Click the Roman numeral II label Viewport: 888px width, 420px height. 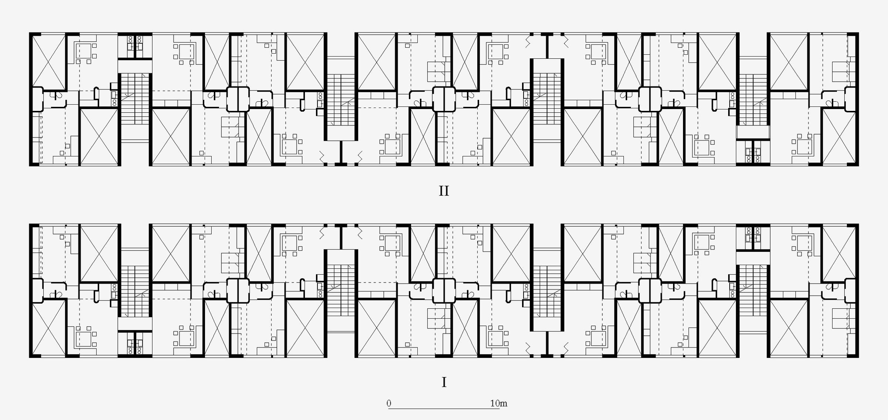[444, 191]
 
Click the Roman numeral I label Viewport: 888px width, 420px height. [444, 382]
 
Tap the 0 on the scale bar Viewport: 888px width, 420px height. [389, 403]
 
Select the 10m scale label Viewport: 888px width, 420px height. [499, 403]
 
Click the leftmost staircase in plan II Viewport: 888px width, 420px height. [135, 99]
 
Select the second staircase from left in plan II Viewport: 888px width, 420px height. [341, 100]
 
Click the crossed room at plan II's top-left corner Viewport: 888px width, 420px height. [48, 62]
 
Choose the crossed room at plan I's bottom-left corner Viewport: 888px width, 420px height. [48, 328]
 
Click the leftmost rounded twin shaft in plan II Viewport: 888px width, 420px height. [238, 99]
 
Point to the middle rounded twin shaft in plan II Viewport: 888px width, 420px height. [444, 99]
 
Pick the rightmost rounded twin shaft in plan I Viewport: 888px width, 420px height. [650, 291]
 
